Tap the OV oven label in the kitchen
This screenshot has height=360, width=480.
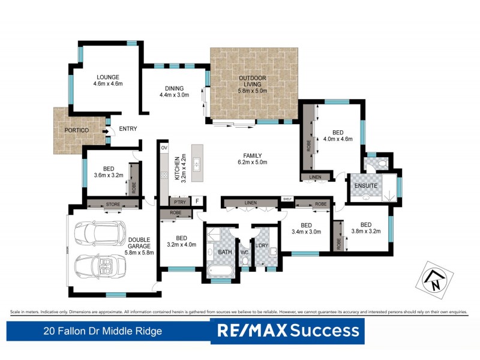[163, 147]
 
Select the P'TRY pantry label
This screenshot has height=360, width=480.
[178, 202]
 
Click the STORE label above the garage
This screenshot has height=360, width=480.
[113, 205]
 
